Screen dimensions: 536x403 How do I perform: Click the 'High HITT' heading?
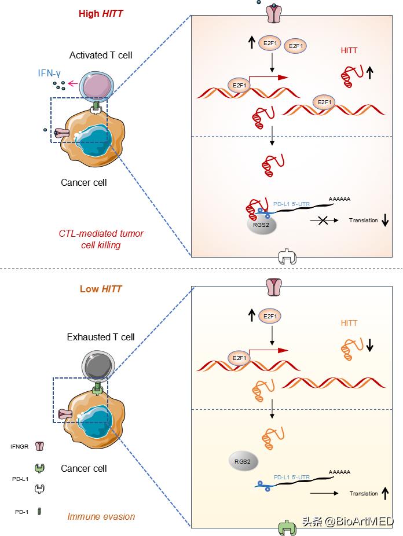(101, 14)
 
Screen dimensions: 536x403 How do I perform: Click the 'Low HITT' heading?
(101, 288)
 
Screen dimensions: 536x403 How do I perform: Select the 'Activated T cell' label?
(101, 56)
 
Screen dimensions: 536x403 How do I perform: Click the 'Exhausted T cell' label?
(101, 337)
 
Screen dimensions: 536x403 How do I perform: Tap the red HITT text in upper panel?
(349, 50)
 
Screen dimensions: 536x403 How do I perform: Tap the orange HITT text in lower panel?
(349, 323)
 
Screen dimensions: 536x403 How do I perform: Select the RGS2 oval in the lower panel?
(243, 461)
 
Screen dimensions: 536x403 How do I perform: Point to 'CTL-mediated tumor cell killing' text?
(101, 239)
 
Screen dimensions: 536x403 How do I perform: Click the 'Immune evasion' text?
(101, 516)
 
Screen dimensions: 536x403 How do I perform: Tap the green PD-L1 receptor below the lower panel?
(287, 527)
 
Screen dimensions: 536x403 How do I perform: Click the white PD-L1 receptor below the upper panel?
(287, 258)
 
